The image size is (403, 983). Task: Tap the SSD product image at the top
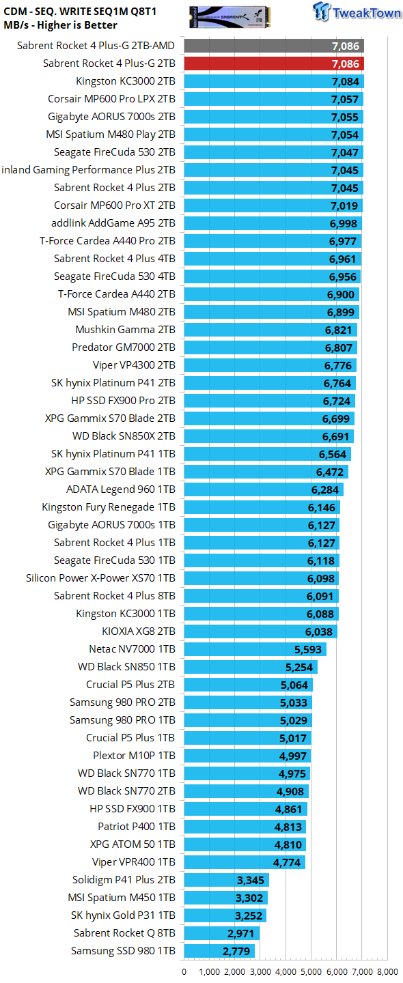[x=229, y=18]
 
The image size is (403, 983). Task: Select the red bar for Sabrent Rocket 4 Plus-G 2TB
[x=274, y=63]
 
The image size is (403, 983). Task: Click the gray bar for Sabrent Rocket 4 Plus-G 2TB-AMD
[x=274, y=46]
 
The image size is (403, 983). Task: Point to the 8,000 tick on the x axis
[x=388, y=971]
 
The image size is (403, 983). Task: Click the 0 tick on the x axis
[x=184, y=971]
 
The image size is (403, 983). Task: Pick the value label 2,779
[x=236, y=951]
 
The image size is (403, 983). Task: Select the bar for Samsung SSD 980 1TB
[x=219, y=951]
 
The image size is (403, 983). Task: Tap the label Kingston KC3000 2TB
[x=126, y=81]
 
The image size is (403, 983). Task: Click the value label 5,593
[x=308, y=649]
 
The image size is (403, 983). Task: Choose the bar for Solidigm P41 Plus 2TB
[x=227, y=880]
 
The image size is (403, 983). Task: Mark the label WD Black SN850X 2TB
[x=124, y=436]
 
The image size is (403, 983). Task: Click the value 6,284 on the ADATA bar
[x=325, y=489]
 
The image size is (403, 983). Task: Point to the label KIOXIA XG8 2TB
[x=139, y=631]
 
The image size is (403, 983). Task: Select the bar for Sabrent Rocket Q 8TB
[x=222, y=933]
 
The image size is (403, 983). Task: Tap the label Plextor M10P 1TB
[x=134, y=756]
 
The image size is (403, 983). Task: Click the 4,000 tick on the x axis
[x=286, y=971]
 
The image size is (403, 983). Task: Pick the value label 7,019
[x=344, y=206]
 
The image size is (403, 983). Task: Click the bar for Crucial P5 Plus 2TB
[x=249, y=685]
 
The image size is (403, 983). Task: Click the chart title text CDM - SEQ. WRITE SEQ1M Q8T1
[x=80, y=12]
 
